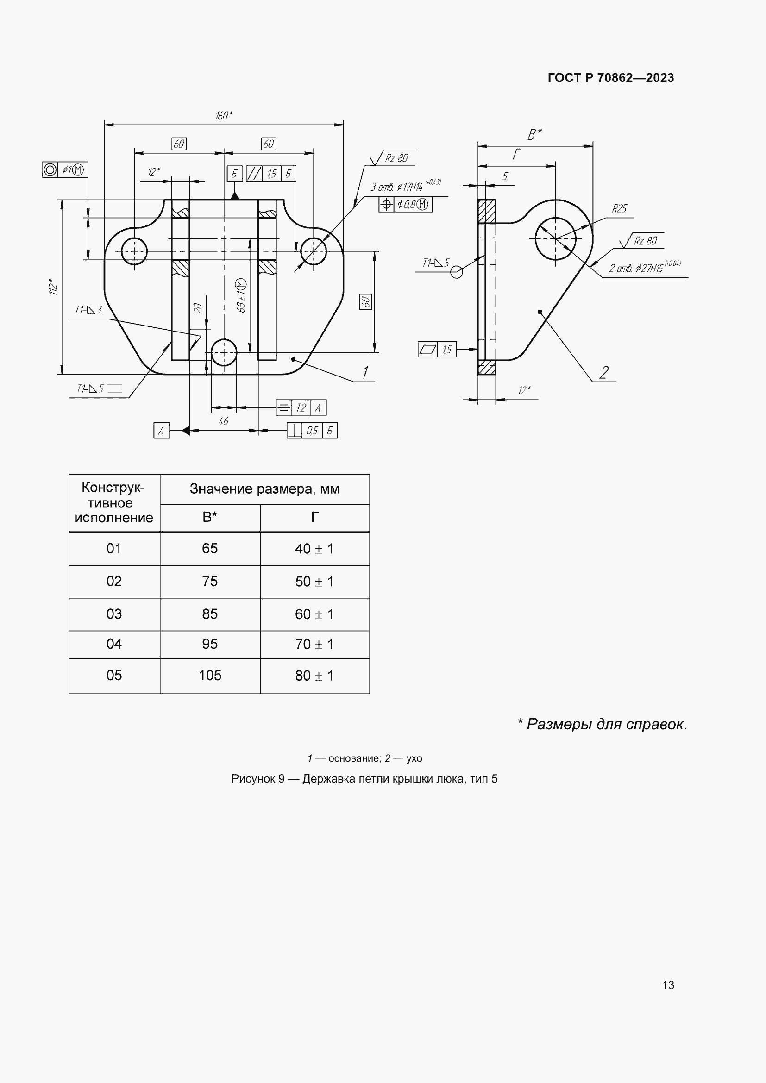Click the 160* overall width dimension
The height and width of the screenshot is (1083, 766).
[224, 116]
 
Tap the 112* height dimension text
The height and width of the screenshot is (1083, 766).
[53, 287]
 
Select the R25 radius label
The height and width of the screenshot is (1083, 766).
[619, 209]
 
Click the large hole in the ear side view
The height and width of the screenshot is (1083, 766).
[555, 238]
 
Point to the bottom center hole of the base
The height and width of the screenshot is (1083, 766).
[224, 352]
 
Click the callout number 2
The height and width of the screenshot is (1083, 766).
[604, 372]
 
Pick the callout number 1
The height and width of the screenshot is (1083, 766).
[365, 372]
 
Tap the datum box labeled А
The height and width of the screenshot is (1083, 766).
[161, 430]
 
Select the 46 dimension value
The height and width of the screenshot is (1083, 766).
[223, 421]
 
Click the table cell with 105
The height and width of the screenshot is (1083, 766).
[210, 676]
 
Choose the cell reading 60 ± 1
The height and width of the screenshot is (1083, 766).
[314, 614]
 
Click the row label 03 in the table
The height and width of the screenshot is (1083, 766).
[114, 614]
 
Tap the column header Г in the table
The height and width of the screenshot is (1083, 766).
[314, 518]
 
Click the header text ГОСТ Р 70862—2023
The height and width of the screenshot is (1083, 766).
[610, 78]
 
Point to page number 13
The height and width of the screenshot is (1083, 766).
[668, 985]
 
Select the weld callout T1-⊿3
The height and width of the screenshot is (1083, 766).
[88, 310]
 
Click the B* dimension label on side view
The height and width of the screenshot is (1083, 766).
[534, 135]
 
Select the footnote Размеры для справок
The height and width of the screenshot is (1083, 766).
[603, 724]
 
